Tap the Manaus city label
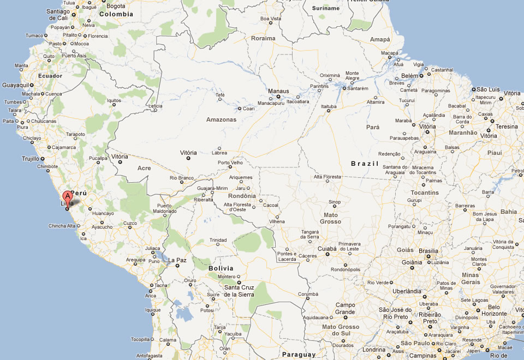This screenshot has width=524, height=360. (x=278, y=91)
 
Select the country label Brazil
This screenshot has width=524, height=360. (x=364, y=163)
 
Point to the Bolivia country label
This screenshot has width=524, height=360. (x=221, y=268)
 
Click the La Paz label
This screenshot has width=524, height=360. (x=177, y=260)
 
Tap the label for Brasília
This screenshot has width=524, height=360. (x=428, y=251)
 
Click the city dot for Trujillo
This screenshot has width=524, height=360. (x=42, y=159)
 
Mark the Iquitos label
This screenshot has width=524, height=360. (x=113, y=100)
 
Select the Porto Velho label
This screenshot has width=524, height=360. (x=229, y=163)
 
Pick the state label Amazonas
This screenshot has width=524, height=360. (x=221, y=119)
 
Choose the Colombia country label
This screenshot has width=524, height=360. (x=116, y=14)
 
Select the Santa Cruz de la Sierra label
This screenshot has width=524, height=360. (x=239, y=291)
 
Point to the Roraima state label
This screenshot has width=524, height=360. (x=263, y=38)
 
